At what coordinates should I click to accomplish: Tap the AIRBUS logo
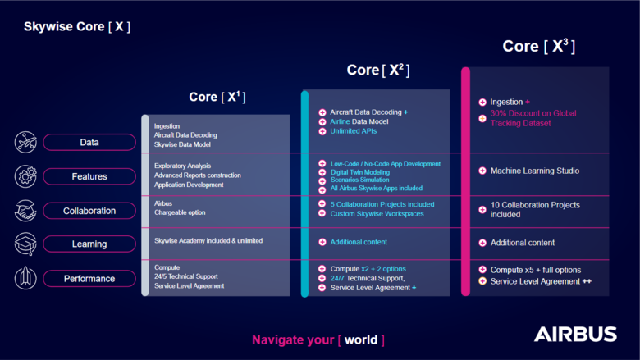point(575,334)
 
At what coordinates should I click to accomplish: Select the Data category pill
point(89,143)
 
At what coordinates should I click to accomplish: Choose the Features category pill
point(89,176)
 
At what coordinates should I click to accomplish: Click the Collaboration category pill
point(89,211)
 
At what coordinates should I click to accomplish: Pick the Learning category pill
point(89,244)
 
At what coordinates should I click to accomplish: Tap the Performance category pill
point(89,279)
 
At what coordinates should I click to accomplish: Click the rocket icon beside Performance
point(25,279)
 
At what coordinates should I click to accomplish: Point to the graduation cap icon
point(25,244)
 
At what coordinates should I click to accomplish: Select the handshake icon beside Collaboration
point(25,211)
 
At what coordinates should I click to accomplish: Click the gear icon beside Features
point(25,176)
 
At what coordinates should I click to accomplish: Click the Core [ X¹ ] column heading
point(217,97)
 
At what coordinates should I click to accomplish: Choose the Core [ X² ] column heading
point(377,70)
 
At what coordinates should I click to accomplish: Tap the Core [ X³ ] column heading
point(538,47)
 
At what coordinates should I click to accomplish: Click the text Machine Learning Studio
point(535,171)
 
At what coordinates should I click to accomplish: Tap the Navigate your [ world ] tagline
point(318,339)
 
